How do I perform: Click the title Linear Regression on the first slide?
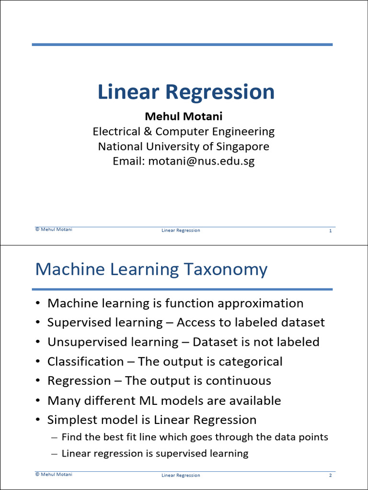click(186, 92)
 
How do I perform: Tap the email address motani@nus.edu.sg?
click(201, 161)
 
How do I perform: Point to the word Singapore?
click(242, 146)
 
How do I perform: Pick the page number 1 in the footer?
click(330, 231)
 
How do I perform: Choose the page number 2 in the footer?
click(330, 476)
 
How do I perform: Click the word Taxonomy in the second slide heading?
click(230, 270)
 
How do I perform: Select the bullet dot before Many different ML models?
click(38, 401)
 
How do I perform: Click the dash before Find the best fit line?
click(54, 437)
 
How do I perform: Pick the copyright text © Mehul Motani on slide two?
click(54, 474)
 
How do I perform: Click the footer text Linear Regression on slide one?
click(181, 231)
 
